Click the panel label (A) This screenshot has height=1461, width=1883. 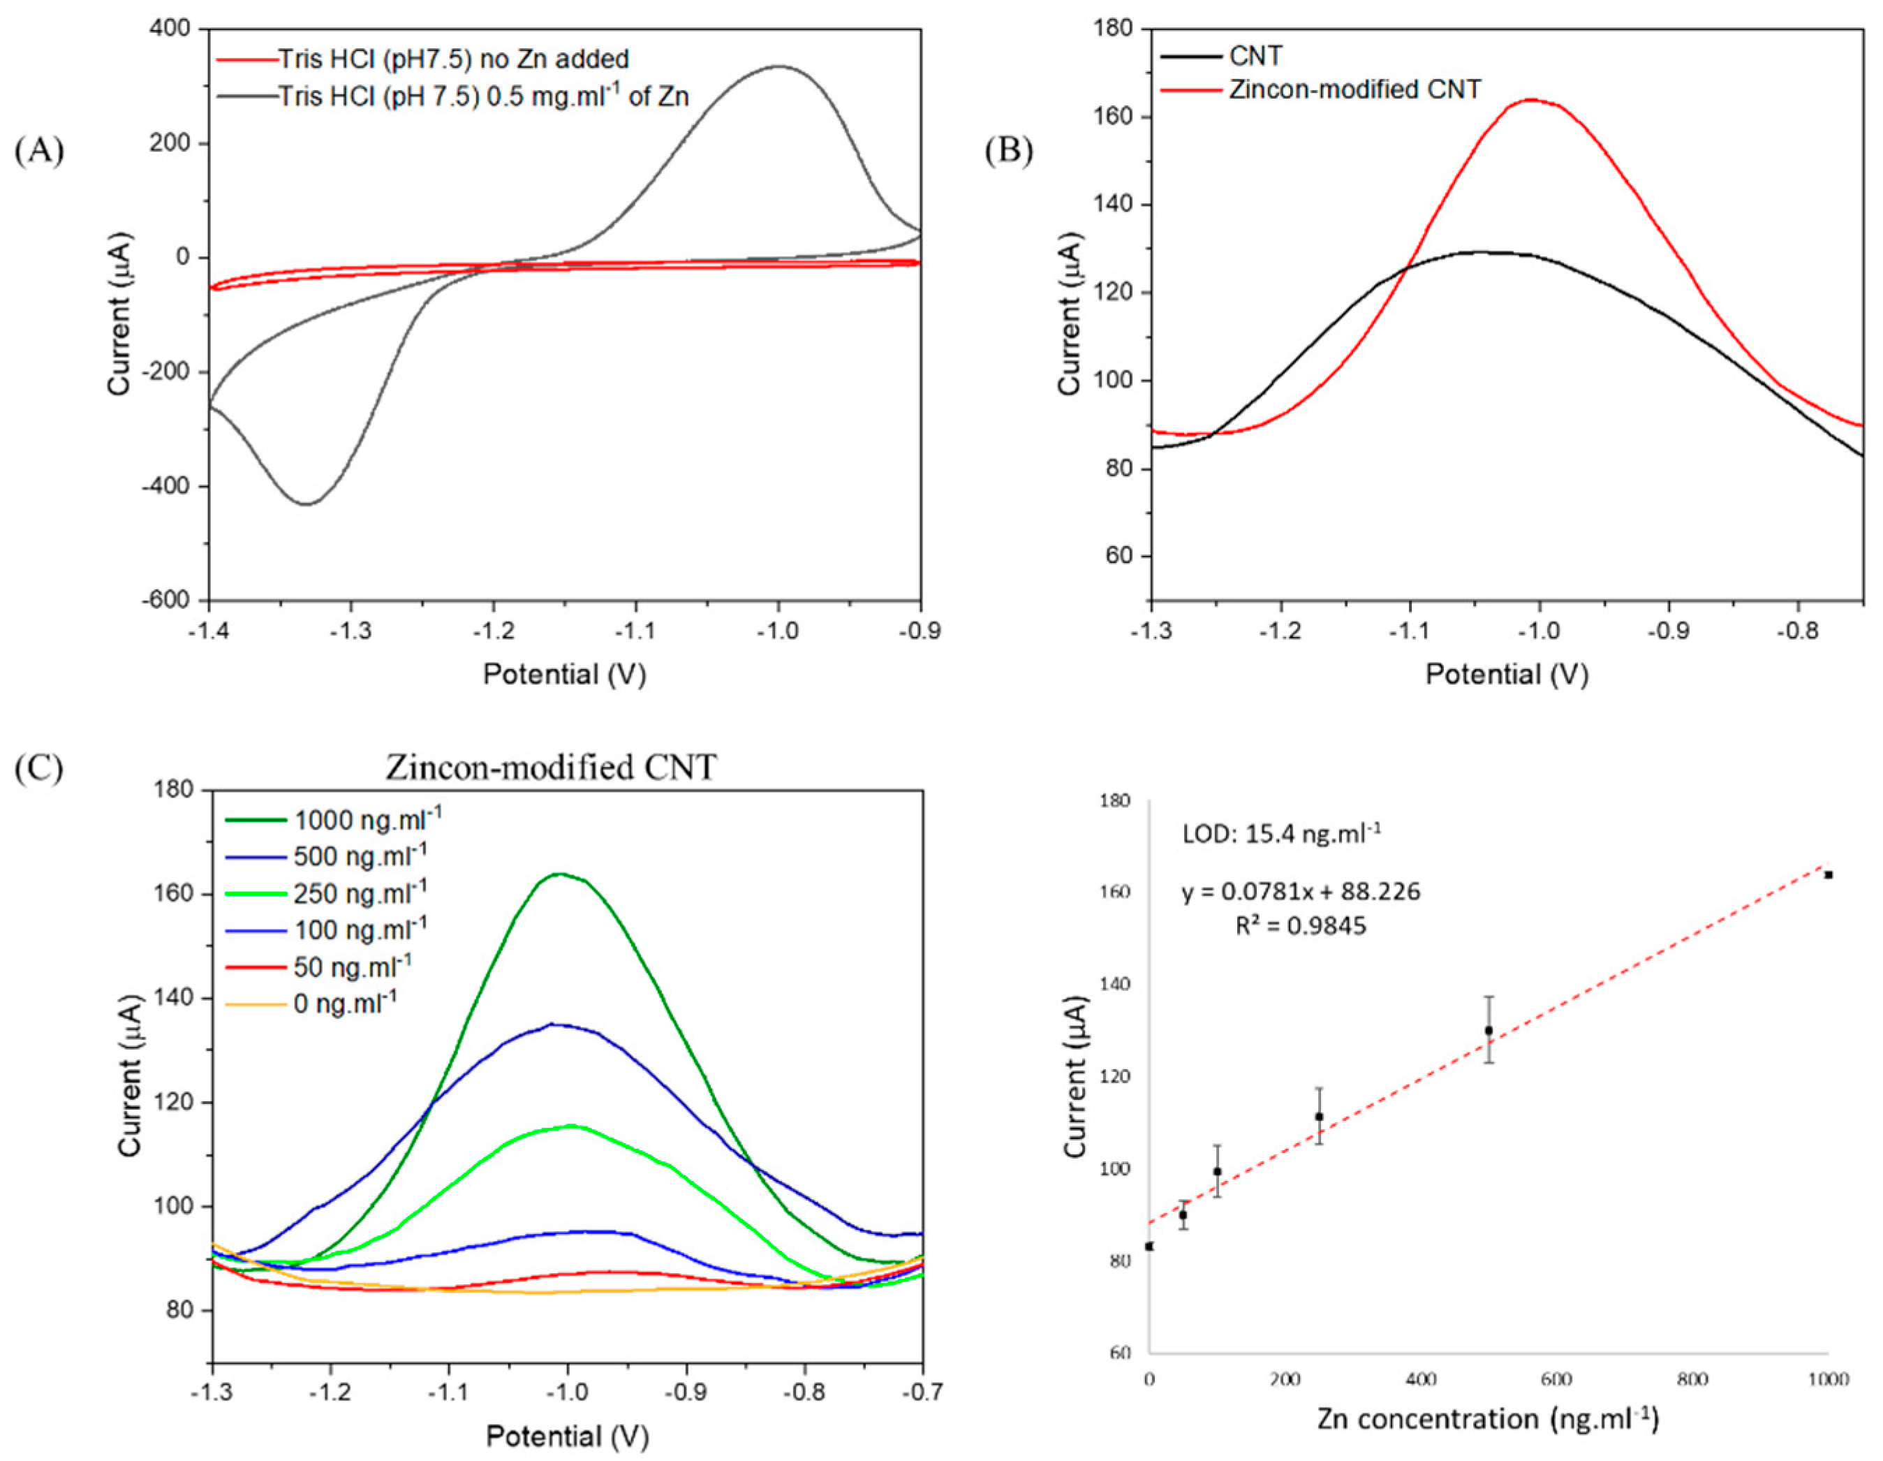point(40,151)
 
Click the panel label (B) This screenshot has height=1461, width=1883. point(1009,151)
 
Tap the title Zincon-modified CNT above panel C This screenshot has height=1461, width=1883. point(551,767)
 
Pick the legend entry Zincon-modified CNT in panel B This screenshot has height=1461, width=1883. point(1354,89)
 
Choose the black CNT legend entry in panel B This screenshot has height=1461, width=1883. point(1255,56)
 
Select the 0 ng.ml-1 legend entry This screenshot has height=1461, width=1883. point(346,1003)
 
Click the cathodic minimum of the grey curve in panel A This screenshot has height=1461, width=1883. point(306,504)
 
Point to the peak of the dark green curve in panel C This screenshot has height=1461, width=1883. point(561,874)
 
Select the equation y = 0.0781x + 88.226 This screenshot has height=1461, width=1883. point(1300,892)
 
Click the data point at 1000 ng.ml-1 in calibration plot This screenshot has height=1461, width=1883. point(1828,874)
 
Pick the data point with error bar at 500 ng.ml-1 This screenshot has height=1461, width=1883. point(1488,1030)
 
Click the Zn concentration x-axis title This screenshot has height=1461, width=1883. point(1487,1418)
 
